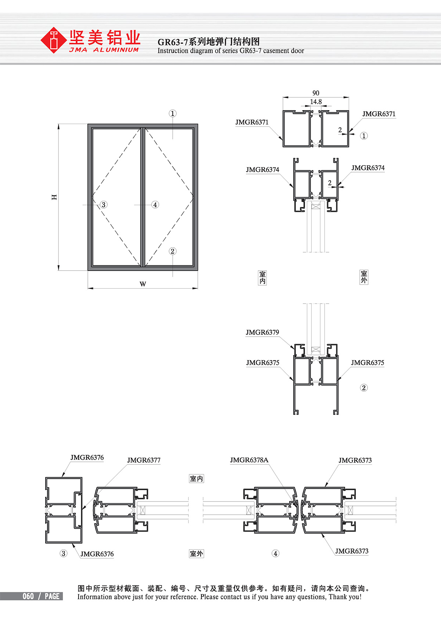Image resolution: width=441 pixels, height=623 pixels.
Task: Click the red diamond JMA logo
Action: click(54, 40)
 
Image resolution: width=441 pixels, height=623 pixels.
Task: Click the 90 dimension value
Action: click(316, 93)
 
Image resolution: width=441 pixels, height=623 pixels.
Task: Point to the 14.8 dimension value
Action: click(316, 102)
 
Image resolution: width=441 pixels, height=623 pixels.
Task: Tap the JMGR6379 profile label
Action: click(262, 332)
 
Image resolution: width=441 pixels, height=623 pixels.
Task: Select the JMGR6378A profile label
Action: click(249, 460)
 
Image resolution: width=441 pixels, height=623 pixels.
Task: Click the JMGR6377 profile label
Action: click(144, 460)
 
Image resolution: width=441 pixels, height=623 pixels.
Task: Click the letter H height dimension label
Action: click(54, 197)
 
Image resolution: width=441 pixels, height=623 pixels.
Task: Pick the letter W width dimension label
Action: click(143, 284)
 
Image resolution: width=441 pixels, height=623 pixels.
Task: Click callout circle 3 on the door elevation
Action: click(104, 205)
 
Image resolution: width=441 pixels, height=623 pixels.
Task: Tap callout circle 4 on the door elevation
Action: click(155, 205)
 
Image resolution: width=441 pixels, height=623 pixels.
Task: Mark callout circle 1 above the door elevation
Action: click(173, 113)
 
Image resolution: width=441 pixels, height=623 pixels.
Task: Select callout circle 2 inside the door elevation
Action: click(173, 251)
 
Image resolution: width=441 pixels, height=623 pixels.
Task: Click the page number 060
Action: click(28, 596)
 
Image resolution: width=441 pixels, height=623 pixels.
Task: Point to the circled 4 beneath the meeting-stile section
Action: click(275, 554)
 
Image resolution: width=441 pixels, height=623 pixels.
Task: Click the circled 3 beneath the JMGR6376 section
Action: click(64, 554)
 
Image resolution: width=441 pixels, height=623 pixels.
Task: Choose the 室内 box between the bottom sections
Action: click(197, 479)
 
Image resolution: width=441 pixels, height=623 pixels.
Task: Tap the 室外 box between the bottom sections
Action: click(197, 554)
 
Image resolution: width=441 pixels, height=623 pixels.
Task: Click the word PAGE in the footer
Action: click(52, 596)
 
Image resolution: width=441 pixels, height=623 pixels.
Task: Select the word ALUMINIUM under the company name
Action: click(116, 50)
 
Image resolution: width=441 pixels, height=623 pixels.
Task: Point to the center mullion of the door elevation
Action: click(143, 197)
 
